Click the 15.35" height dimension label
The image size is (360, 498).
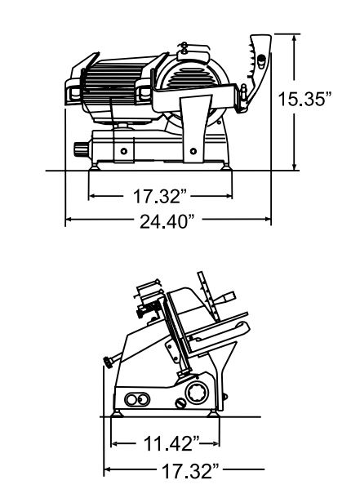pyautogui.click(x=304, y=99)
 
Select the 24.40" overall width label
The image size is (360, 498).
pyautogui.click(x=167, y=221)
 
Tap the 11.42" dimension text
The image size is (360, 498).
pyautogui.click(x=171, y=443)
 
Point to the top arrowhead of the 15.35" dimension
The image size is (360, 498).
pyautogui.click(x=295, y=38)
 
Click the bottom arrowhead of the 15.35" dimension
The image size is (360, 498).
pyautogui.click(x=295, y=166)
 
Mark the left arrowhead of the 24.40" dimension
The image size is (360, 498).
pyautogui.click(x=69, y=219)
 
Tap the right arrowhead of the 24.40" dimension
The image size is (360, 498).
pyautogui.click(x=267, y=219)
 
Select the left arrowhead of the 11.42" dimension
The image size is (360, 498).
pyautogui.click(x=115, y=443)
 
